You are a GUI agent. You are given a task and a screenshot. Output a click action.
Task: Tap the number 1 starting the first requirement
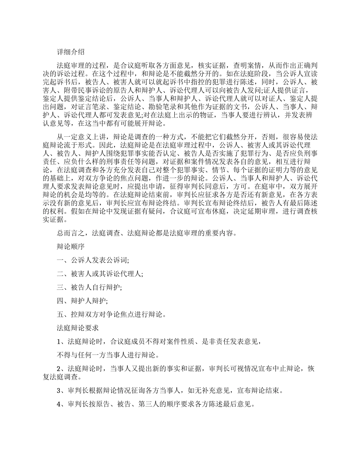(59, 341)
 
